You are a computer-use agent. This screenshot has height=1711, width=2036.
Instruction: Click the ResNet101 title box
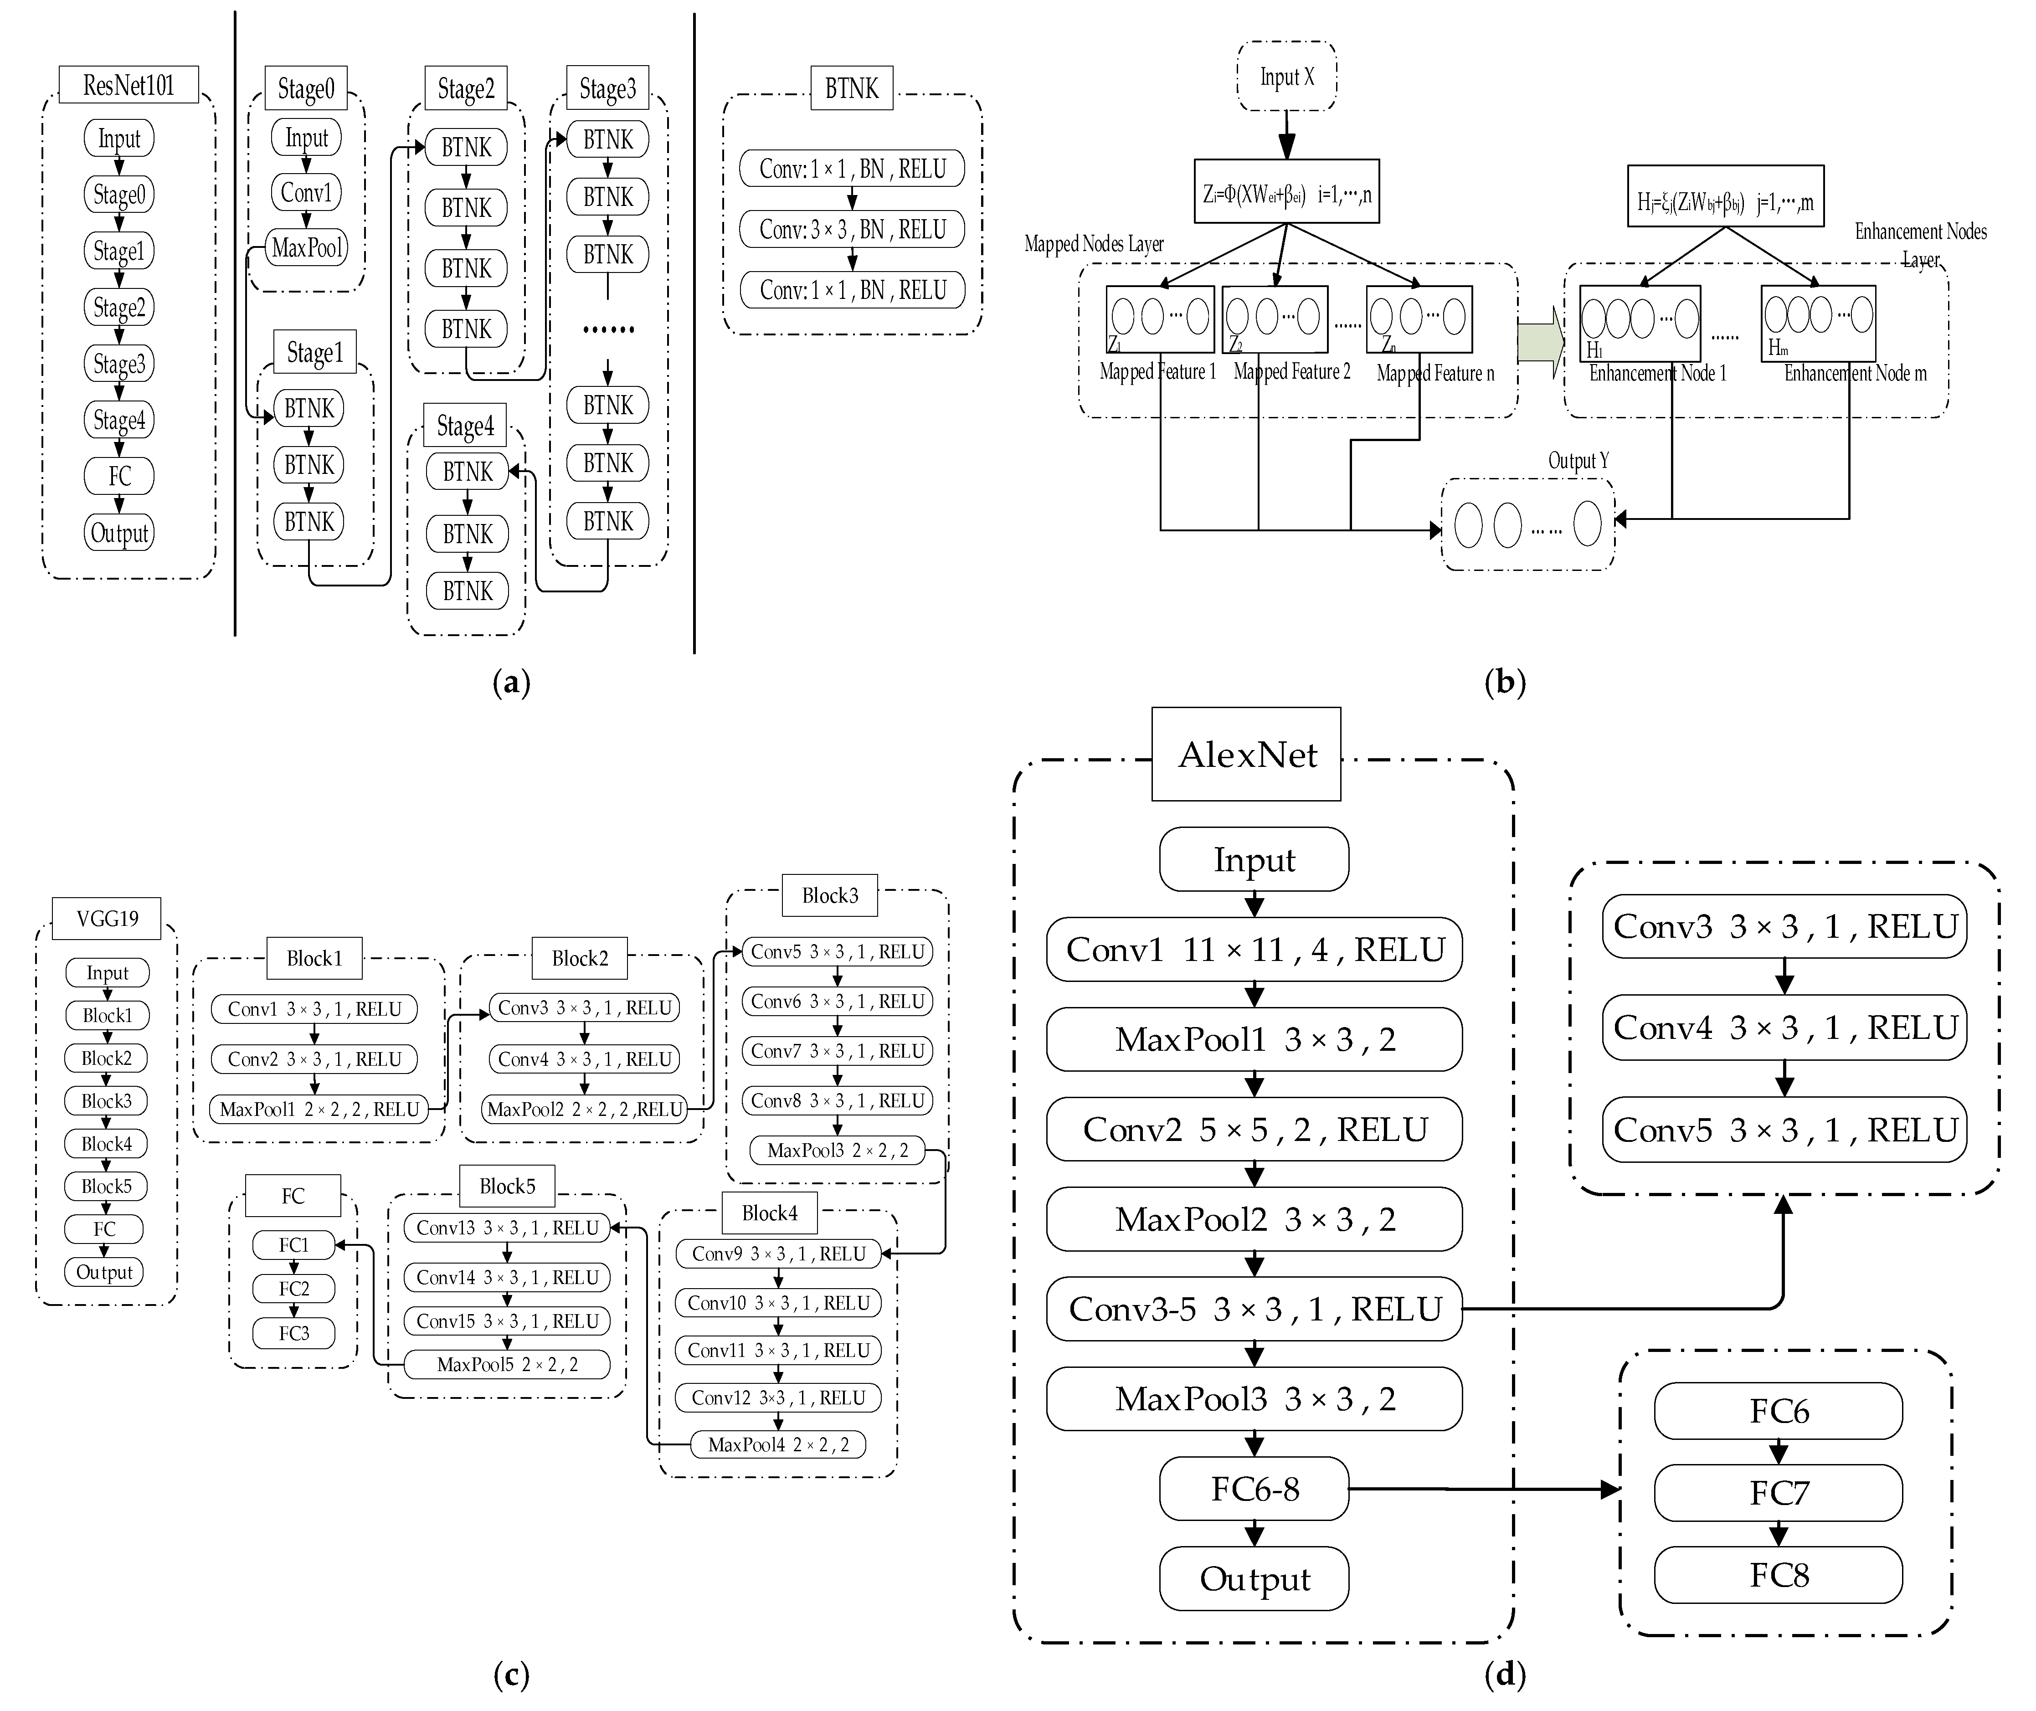(128, 85)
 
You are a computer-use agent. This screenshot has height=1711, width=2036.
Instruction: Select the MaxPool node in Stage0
(307, 248)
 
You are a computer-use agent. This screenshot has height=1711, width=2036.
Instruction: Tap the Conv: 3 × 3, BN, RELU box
(852, 230)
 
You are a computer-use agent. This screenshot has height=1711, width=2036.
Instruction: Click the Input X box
(1286, 77)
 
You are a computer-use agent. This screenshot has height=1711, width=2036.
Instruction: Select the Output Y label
(1578, 461)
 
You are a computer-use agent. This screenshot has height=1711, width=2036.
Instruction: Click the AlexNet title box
(1246, 755)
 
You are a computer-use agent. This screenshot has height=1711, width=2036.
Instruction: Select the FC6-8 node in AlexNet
(1254, 1489)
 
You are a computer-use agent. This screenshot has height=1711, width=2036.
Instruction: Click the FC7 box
(1778, 1493)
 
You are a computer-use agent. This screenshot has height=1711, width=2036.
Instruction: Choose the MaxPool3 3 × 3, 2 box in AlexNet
(1254, 1399)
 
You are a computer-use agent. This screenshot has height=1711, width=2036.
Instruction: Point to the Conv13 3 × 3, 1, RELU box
(507, 1228)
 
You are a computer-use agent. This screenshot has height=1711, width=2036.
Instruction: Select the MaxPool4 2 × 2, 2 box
(778, 1444)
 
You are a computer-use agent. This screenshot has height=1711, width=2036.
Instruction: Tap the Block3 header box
(829, 895)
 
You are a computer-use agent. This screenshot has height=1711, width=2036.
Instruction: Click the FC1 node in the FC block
(294, 1244)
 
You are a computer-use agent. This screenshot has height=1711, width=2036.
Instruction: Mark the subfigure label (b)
(1505, 683)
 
